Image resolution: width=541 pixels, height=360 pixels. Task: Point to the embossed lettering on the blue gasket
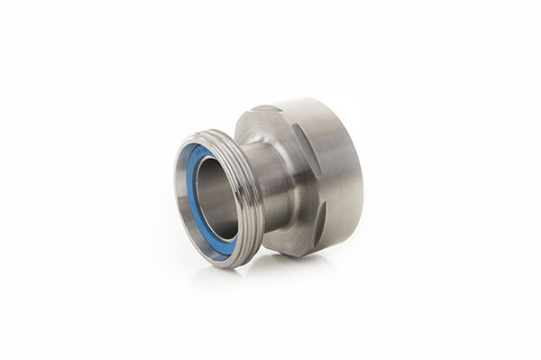(193, 153)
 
